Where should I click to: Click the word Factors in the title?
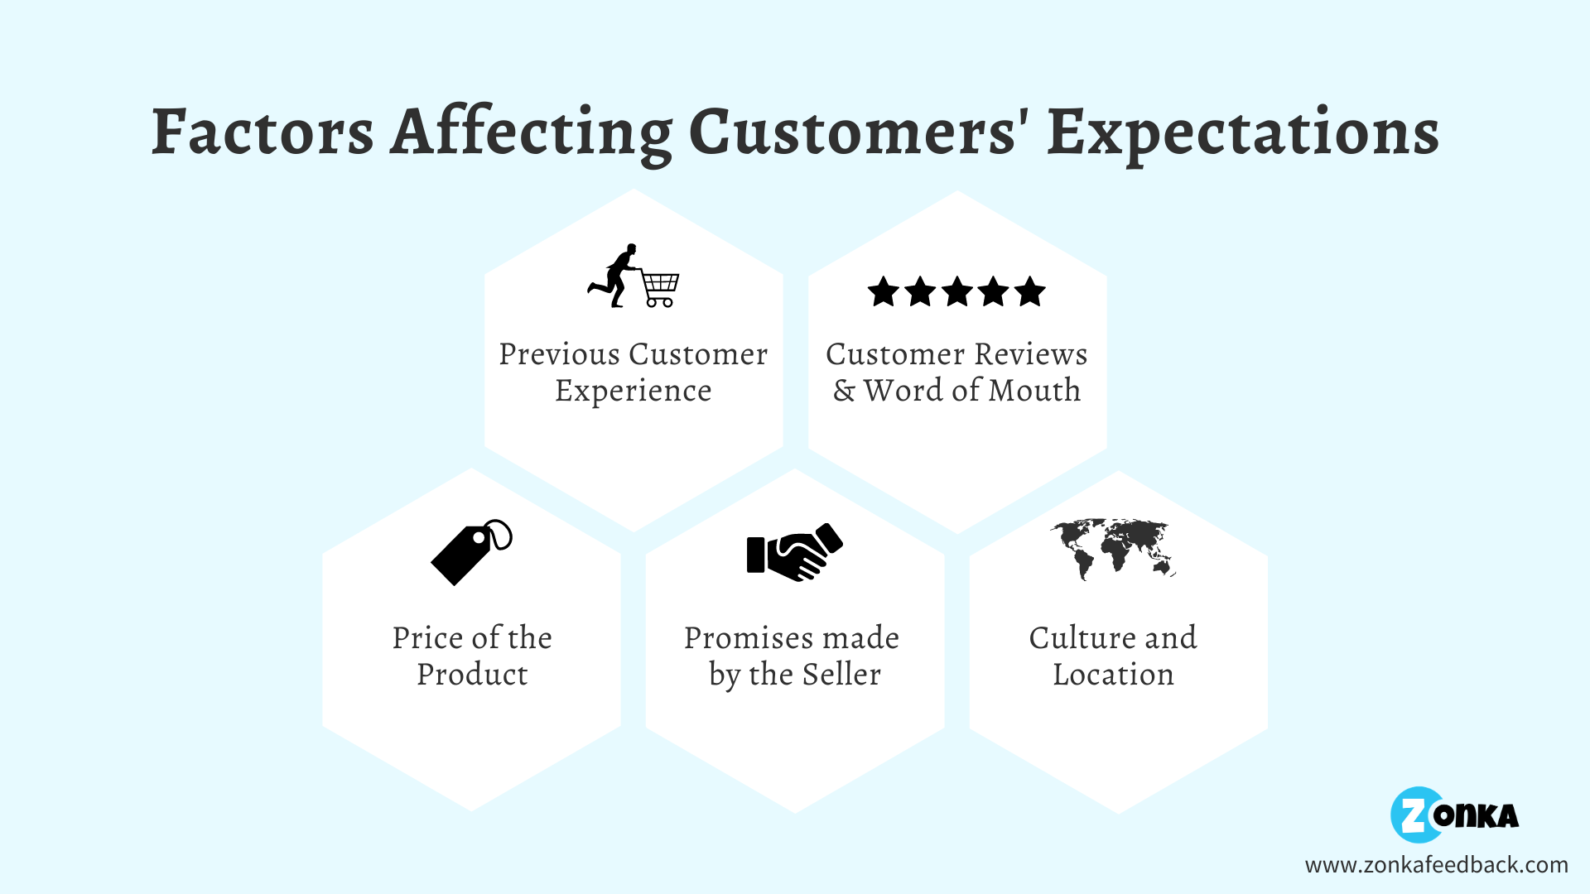pos(263,132)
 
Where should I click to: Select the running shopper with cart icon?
pos(634,276)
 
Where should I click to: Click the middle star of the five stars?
pos(956,292)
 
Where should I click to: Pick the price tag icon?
pos(471,553)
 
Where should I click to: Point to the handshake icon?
pos(794,552)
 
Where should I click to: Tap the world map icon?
pos(1114,549)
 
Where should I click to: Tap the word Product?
pos(472,675)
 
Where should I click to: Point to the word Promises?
pos(749,638)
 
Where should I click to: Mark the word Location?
pos(1114,675)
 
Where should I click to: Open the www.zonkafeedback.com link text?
pos(1436,865)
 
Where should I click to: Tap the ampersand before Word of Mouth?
pos(844,391)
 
